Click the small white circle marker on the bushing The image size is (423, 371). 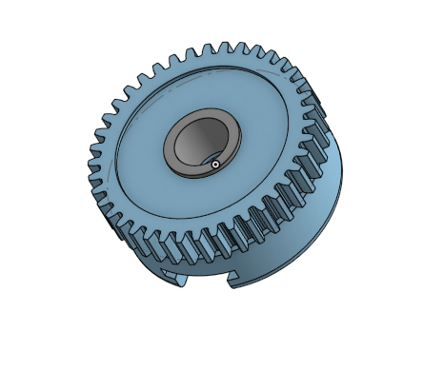(x=216, y=165)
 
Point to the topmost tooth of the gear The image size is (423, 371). (x=226, y=48)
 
